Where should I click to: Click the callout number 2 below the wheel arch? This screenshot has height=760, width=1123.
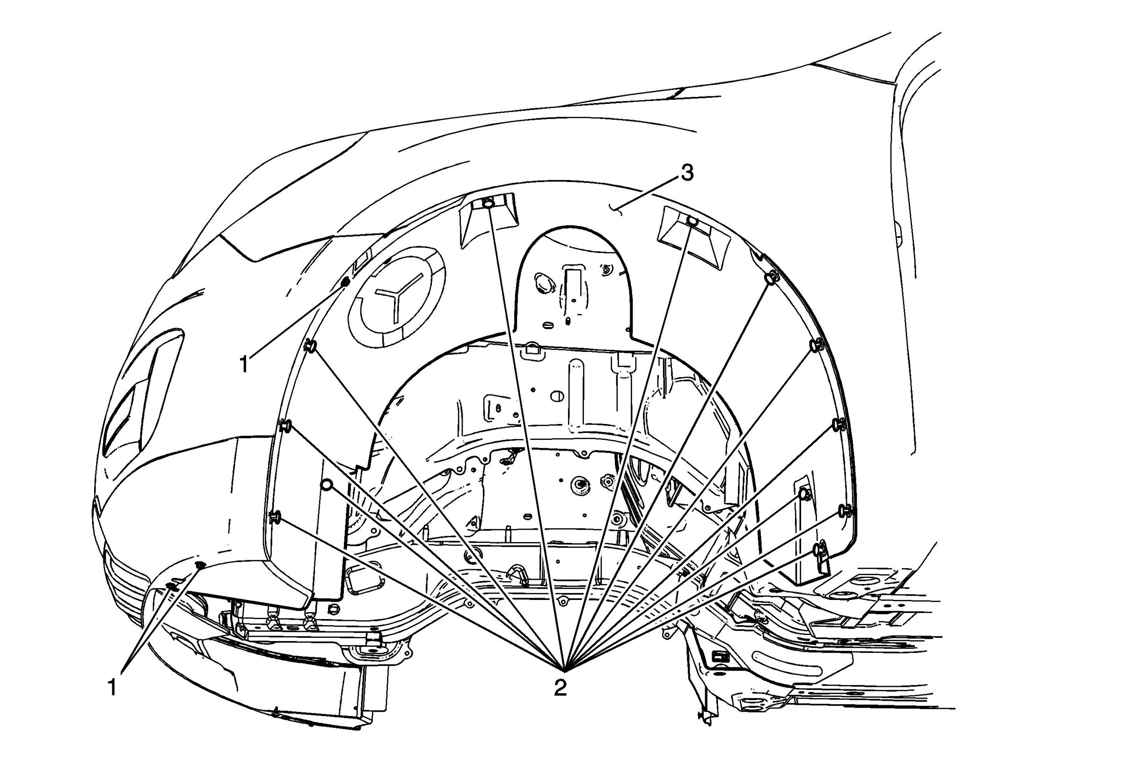tap(561, 687)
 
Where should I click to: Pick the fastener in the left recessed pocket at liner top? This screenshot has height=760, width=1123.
tap(489, 204)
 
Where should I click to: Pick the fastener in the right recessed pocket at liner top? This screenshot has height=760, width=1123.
tap(693, 221)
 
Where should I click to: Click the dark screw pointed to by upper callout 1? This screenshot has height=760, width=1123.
tap(345, 282)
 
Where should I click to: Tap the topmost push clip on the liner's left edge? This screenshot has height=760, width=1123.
tap(310, 346)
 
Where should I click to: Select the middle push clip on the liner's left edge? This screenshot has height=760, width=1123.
tap(285, 426)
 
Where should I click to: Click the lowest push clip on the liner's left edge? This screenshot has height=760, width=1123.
tap(275, 517)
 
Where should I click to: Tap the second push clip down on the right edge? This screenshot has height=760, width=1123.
tap(816, 345)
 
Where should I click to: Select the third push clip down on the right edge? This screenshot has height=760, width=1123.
tap(839, 424)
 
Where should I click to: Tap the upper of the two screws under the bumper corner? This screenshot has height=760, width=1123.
tap(200, 565)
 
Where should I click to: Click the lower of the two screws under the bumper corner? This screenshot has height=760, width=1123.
tap(172, 586)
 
